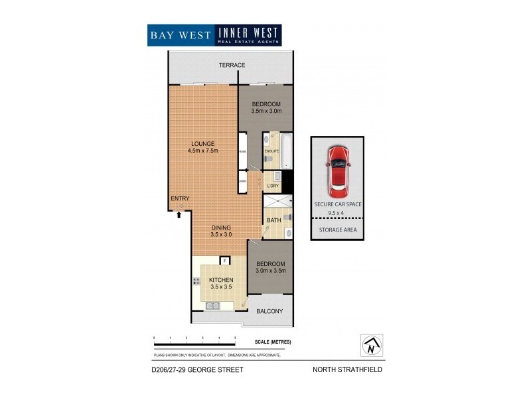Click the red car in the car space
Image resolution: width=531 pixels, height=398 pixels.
(339, 166)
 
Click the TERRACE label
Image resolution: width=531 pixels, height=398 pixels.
(232, 65)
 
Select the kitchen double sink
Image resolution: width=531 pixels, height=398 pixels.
(214, 305)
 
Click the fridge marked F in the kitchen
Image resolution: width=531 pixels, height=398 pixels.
(224, 261)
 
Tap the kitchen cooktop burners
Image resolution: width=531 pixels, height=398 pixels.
(197, 282)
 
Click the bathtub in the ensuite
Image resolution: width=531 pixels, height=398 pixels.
(287, 151)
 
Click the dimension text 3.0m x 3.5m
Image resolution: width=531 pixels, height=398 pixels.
(269, 271)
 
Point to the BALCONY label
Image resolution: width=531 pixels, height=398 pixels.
(269, 311)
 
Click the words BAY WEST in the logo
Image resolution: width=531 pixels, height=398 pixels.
(179, 35)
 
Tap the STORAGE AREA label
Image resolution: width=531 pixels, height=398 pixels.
(338, 230)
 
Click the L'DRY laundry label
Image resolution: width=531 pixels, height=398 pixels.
(272, 186)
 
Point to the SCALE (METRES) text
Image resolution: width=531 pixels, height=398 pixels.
(273, 342)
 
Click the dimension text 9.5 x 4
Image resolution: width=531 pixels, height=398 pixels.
(338, 212)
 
